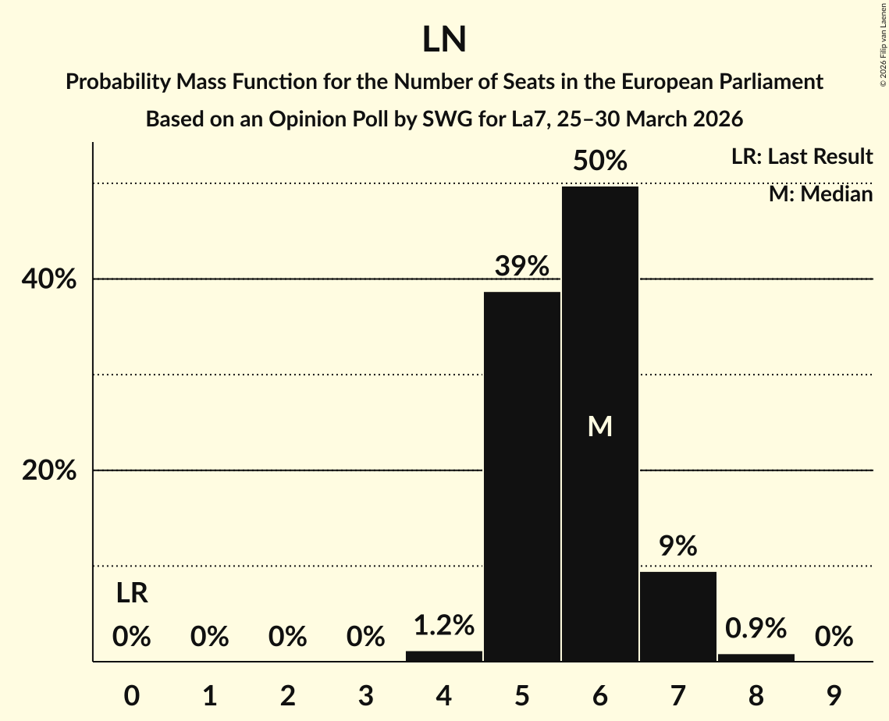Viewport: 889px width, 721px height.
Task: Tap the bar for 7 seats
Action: click(x=677, y=616)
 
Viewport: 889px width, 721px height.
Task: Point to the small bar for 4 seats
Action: click(x=444, y=656)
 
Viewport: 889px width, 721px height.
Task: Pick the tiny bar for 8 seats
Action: click(x=756, y=658)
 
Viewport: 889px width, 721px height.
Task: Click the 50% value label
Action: click(x=599, y=162)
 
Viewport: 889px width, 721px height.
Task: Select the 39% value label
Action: click(x=521, y=267)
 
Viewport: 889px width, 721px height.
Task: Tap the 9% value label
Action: click(x=677, y=546)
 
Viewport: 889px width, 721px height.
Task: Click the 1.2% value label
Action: click(x=444, y=625)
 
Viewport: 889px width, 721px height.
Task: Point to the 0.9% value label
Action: click(x=756, y=627)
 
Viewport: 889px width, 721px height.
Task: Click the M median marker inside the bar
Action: click(x=599, y=426)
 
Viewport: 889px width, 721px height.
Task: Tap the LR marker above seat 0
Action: click(x=132, y=594)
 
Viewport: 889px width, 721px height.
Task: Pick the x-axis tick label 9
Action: click(x=834, y=696)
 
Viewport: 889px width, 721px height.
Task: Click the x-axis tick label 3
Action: click(x=366, y=696)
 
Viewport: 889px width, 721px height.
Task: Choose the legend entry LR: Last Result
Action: click(x=802, y=157)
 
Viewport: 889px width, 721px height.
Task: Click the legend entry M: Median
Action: click(x=820, y=194)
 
